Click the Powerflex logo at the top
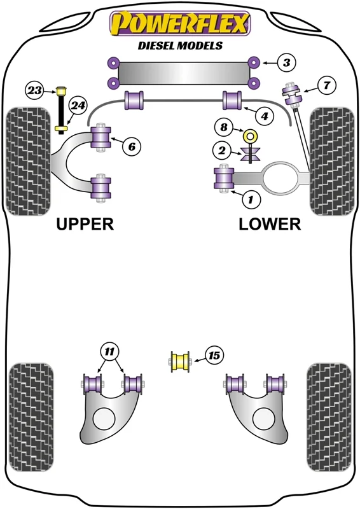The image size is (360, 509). (180, 24)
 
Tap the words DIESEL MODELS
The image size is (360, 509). (180, 45)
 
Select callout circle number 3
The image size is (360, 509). (287, 62)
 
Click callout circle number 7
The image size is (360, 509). (326, 85)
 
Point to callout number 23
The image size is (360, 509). (34, 90)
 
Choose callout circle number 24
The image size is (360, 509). (78, 106)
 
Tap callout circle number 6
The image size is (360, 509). (132, 147)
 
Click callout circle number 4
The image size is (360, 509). (265, 116)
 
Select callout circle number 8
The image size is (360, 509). (224, 127)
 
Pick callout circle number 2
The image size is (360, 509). (222, 151)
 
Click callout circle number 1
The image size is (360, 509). (250, 199)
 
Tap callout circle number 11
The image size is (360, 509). (110, 351)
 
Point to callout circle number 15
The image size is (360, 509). (214, 356)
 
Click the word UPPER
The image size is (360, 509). (85, 224)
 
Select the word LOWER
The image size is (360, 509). (270, 224)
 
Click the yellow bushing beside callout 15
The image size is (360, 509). (180, 361)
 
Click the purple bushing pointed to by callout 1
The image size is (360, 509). (224, 178)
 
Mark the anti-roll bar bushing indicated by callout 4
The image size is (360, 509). (232, 101)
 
